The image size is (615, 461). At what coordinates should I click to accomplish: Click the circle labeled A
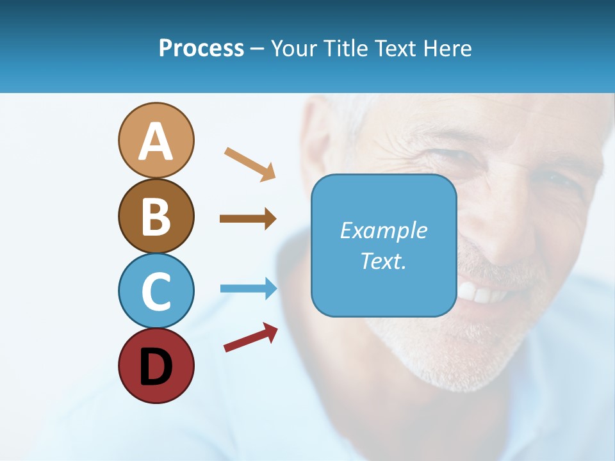pos(156,140)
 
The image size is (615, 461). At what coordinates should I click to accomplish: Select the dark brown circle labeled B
pos(156,216)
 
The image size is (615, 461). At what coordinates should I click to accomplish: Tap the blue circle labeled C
pos(156,291)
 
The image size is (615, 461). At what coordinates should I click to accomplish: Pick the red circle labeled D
pos(156,366)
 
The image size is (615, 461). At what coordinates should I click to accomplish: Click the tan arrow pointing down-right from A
pos(250,163)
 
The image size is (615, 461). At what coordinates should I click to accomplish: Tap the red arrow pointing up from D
pos(250,337)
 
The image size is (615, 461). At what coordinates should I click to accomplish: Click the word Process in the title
pos(201,48)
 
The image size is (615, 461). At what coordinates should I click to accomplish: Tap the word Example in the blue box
pos(383,230)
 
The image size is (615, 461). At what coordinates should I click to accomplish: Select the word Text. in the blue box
pos(383,261)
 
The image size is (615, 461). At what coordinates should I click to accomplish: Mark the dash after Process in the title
pos(258,49)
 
